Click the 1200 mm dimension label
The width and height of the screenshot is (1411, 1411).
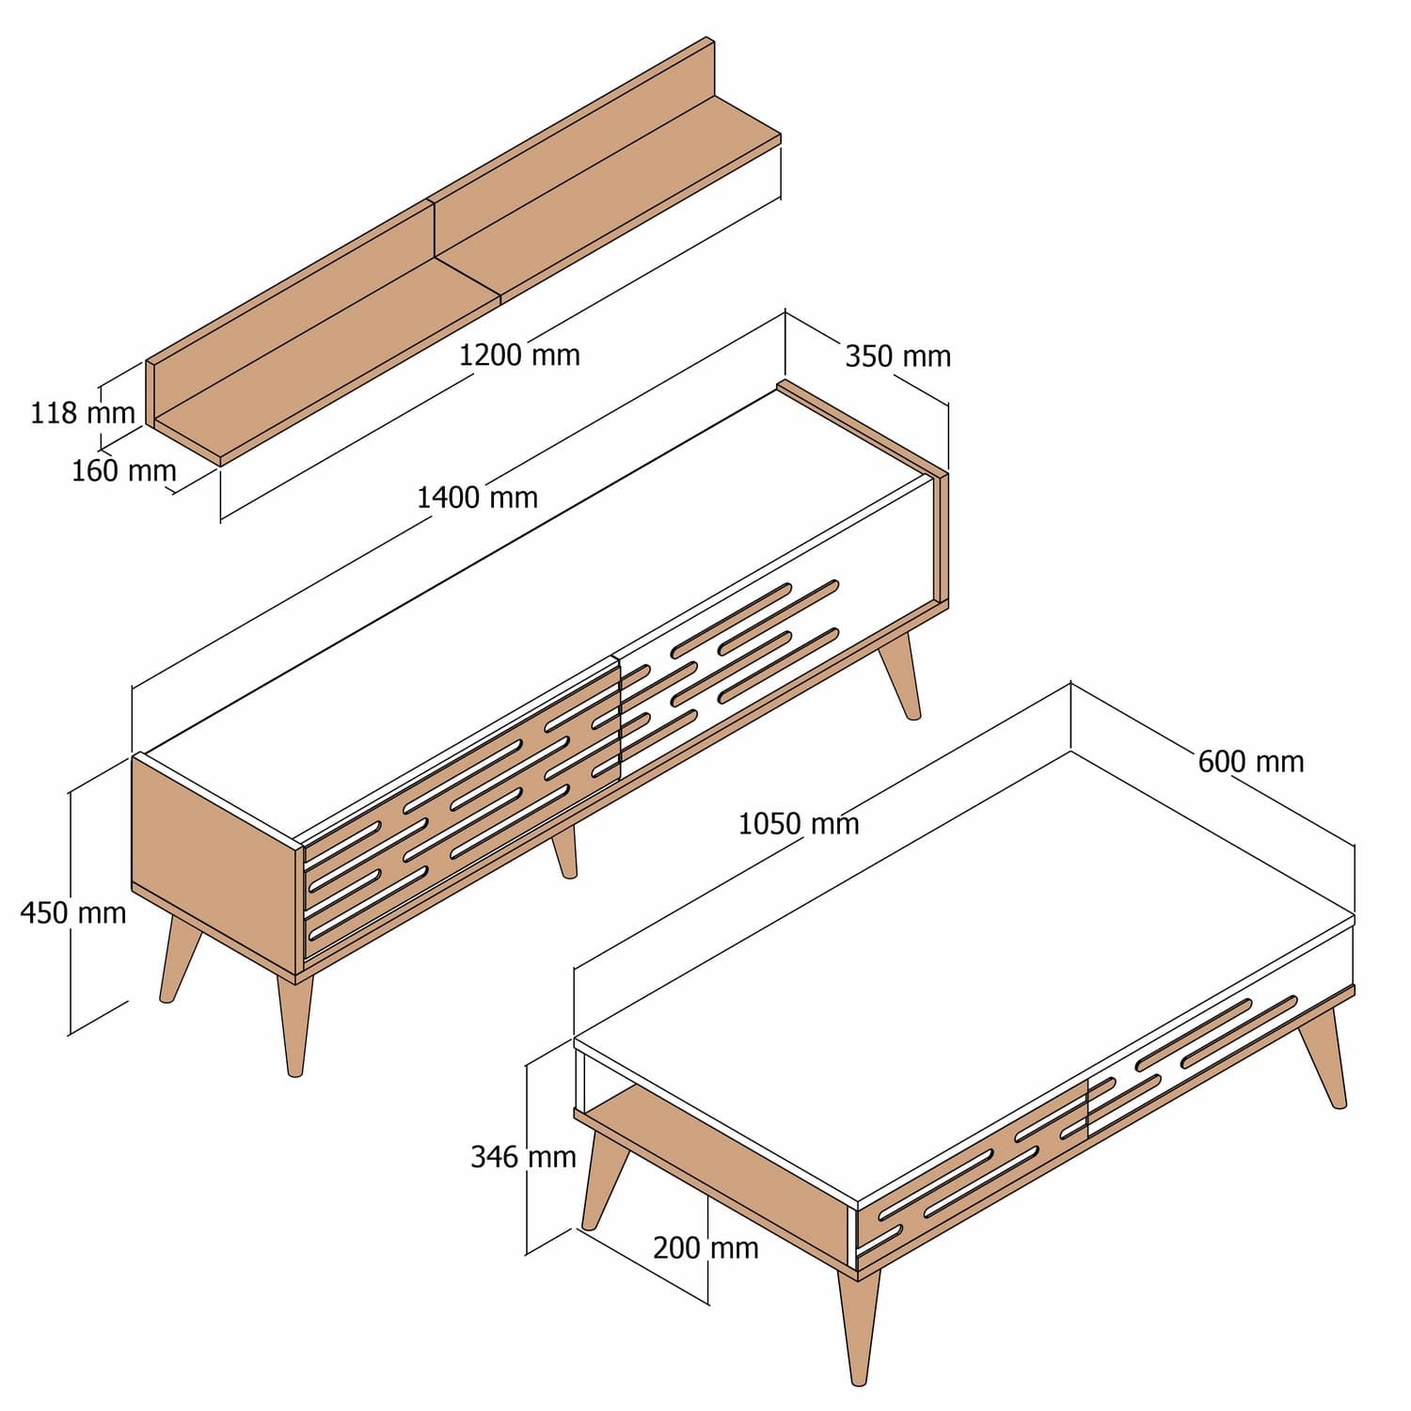519,356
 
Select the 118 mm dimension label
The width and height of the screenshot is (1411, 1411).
83,413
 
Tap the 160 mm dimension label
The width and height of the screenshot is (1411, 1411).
124,470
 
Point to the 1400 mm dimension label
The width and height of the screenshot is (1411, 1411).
477,497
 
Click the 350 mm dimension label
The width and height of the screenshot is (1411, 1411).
897,357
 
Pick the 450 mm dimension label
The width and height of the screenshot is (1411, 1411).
73,912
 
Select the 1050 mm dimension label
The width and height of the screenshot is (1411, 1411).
798,824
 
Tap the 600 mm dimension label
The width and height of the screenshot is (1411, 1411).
1251,761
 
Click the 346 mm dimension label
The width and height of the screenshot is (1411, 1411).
523,1157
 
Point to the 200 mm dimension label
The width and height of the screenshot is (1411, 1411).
705,1248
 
